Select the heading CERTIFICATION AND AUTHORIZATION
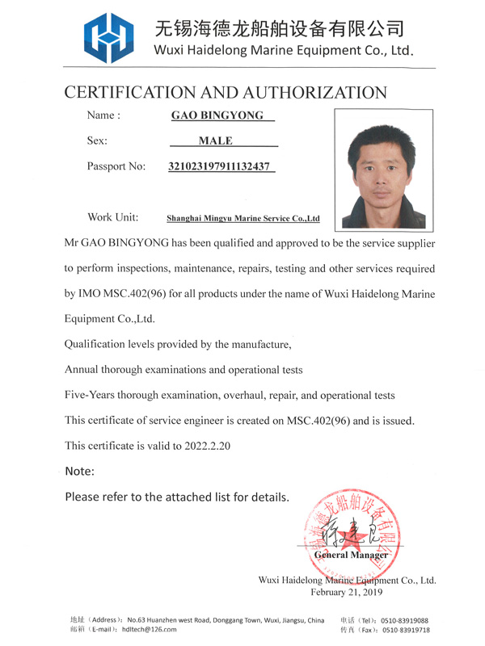[226, 92]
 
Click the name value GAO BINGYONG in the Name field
[217, 115]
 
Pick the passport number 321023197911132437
[218, 167]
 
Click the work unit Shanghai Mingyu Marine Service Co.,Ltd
[243, 218]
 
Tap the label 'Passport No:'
[116, 167]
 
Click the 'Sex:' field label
[97, 141]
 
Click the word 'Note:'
[79, 471]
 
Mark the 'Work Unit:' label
[112, 217]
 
